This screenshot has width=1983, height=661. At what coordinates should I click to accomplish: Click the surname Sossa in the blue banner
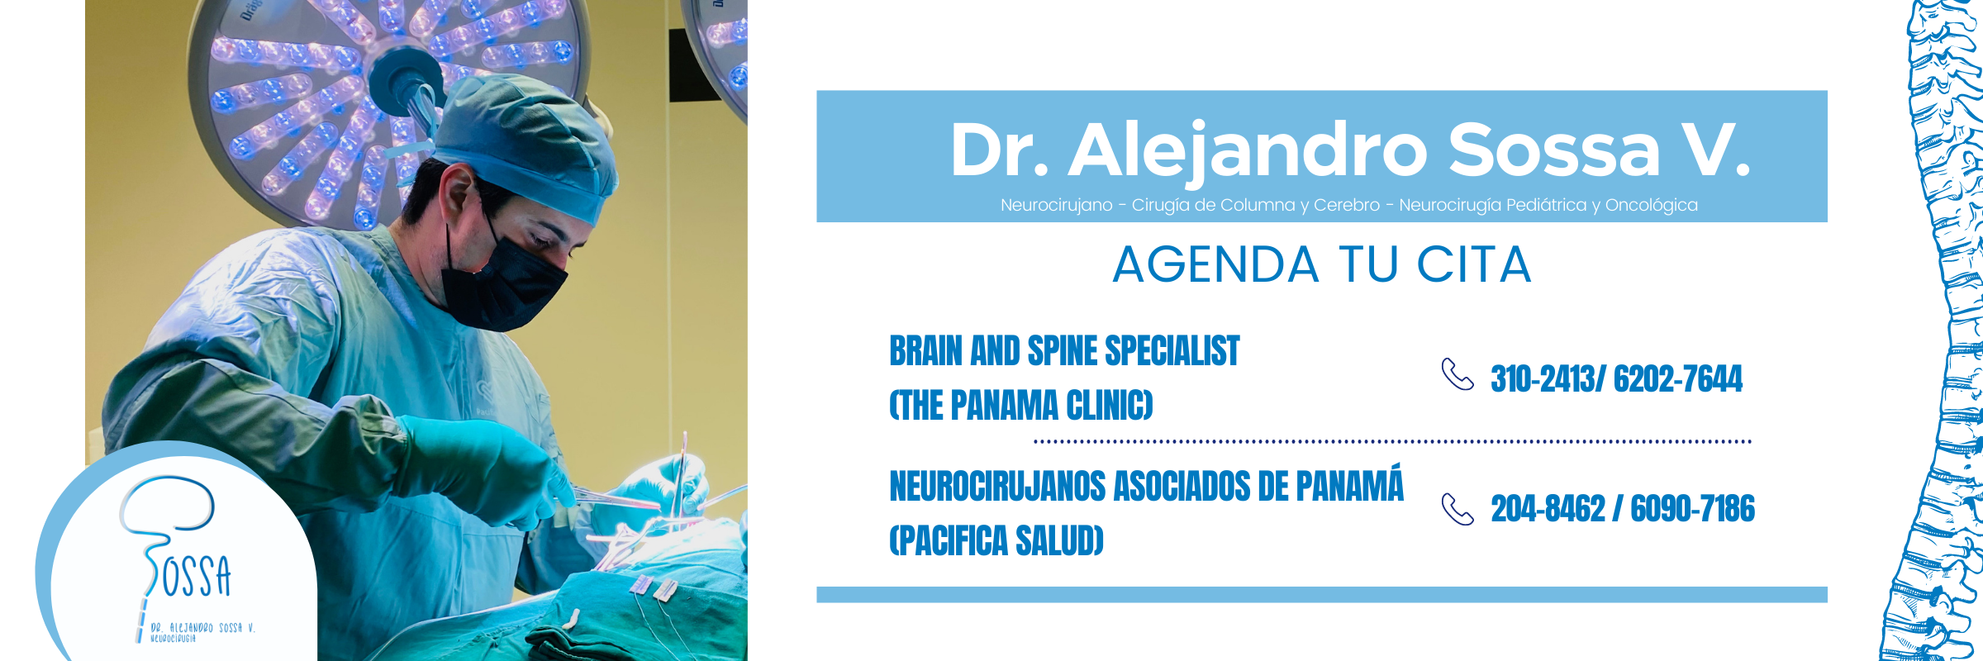click(x=1553, y=150)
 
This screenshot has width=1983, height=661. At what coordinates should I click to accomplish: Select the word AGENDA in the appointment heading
click(x=1215, y=264)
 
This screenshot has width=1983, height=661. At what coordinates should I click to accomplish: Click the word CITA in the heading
click(x=1474, y=264)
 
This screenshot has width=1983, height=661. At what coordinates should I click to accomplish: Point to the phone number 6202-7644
click(x=1678, y=379)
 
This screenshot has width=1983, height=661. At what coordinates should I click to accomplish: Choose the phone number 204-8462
click(x=1548, y=509)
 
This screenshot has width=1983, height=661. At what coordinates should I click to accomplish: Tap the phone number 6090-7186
click(x=1692, y=509)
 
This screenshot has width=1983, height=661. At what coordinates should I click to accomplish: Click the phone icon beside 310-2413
click(x=1458, y=374)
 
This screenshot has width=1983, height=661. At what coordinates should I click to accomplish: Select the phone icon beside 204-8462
click(x=1458, y=509)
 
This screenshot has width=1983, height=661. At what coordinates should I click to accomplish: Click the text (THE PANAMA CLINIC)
click(x=1021, y=406)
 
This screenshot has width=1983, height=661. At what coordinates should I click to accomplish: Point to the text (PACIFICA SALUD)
click(x=996, y=541)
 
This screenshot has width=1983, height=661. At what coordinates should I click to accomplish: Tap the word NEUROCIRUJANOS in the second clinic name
click(x=997, y=486)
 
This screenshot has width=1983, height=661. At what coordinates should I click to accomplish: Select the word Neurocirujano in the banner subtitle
click(x=1056, y=205)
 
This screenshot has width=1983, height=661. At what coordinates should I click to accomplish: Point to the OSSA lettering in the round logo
click(x=197, y=576)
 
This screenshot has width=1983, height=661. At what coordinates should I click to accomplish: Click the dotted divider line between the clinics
click(x=1392, y=442)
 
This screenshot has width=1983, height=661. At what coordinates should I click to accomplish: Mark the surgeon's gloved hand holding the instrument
click(x=487, y=471)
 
